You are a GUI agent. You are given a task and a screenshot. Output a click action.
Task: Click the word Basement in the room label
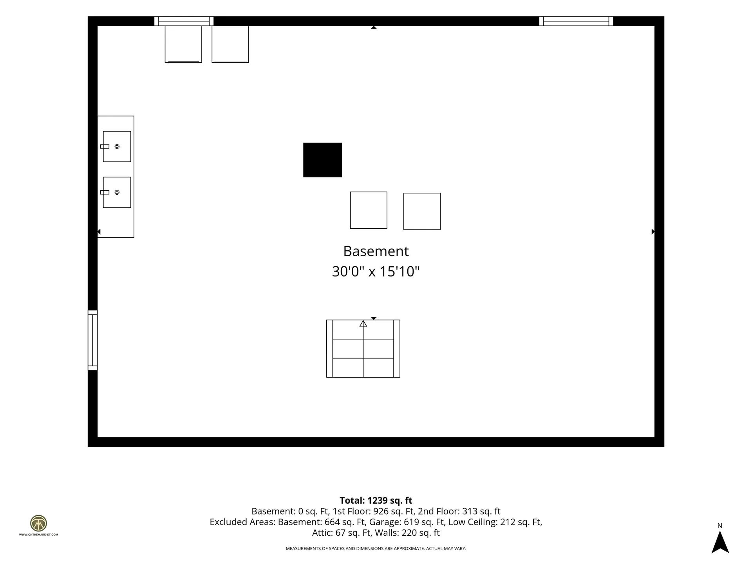coord(376,251)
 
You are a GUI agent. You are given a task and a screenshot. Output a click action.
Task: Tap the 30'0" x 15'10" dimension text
coord(376,271)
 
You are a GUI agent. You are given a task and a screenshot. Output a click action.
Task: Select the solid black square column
coord(322,160)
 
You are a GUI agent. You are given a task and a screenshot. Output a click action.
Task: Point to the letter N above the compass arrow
coord(719,526)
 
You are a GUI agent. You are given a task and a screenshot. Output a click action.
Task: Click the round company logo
coord(38,523)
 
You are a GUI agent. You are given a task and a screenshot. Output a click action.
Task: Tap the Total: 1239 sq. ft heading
coord(376,500)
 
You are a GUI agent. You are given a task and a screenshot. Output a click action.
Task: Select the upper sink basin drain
coord(117,146)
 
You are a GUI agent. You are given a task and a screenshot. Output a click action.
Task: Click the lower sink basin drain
coord(117,192)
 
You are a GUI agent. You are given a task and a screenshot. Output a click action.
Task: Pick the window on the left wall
coord(92,340)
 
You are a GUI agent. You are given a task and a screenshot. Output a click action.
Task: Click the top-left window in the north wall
coord(184,21)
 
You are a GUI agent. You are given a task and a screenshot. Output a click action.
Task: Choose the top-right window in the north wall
coord(576,21)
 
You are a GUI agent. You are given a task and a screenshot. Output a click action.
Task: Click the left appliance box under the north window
coord(183,44)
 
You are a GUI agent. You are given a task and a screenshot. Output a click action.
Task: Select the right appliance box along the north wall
coord(230,44)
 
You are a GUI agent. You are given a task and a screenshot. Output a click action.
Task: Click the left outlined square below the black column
coord(369,210)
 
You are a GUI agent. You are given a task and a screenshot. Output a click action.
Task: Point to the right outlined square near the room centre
coord(422,211)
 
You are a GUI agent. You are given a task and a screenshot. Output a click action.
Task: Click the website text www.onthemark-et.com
coord(38,535)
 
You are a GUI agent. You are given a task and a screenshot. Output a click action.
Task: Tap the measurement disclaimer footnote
coord(376,549)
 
